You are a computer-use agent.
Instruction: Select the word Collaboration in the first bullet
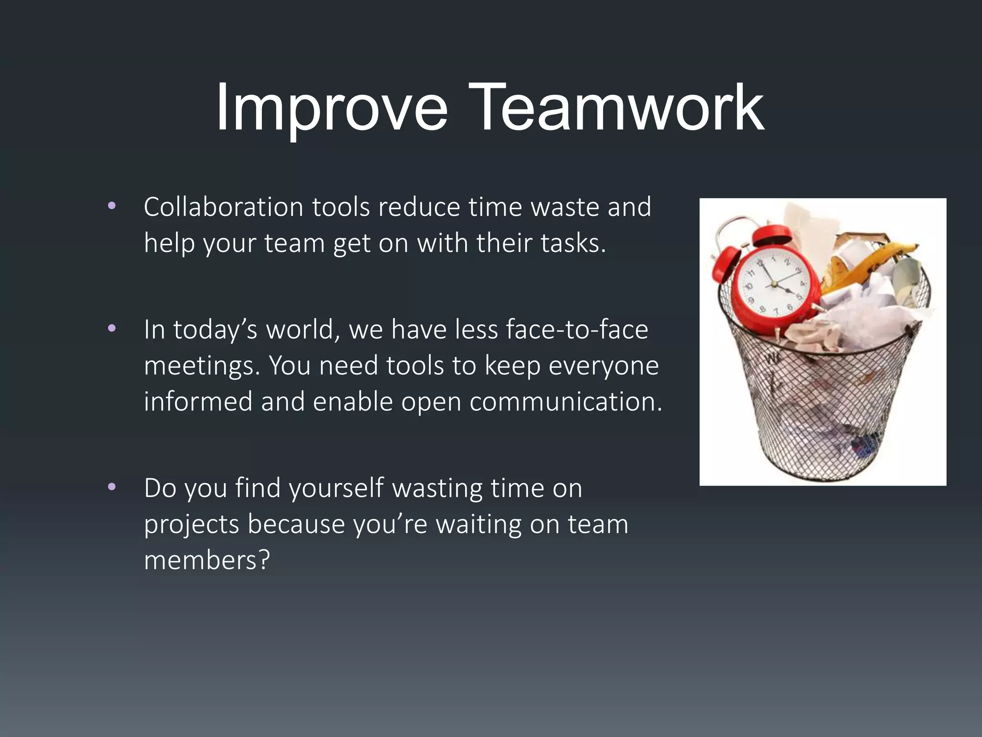pos(223,207)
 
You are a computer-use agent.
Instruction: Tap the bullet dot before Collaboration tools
pos(112,206)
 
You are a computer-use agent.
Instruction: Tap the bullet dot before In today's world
pos(112,329)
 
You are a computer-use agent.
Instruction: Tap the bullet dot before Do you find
pos(112,487)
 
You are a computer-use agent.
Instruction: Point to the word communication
pos(566,402)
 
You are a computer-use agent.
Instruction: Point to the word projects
pos(191,524)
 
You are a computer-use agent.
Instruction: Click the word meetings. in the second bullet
pos(201,367)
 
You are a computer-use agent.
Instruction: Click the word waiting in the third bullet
pos(478,524)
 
